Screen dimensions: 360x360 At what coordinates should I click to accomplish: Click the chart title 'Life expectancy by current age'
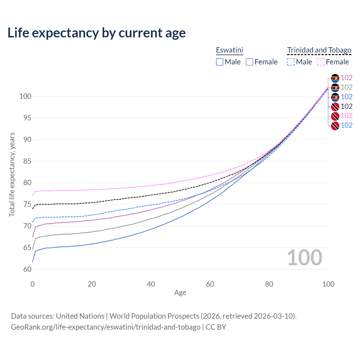96,33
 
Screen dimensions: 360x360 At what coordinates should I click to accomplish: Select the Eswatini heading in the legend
229,50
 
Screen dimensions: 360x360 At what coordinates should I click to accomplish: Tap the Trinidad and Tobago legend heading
319,50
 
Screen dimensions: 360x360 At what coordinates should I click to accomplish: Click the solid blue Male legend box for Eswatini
220,62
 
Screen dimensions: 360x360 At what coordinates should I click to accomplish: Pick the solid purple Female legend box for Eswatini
249,62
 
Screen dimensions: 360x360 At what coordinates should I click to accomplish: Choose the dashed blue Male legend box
291,62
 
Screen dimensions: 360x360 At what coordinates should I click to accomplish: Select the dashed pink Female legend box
321,62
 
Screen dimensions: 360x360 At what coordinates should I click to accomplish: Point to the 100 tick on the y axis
25,96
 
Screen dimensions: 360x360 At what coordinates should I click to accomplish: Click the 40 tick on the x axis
151,284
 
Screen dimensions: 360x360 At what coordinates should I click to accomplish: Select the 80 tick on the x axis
269,284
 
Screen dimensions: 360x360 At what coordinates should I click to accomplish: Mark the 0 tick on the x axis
33,284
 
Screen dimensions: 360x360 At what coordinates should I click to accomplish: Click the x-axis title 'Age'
180,293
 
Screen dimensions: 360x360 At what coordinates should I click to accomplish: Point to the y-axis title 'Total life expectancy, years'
12,175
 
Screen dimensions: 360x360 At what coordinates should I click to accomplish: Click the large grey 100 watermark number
305,258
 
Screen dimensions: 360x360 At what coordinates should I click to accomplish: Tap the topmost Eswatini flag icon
335,78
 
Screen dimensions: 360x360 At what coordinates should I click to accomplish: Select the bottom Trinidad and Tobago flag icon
335,125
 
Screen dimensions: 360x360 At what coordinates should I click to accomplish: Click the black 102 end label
346,106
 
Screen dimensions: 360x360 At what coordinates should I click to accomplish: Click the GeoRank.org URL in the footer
105,327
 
